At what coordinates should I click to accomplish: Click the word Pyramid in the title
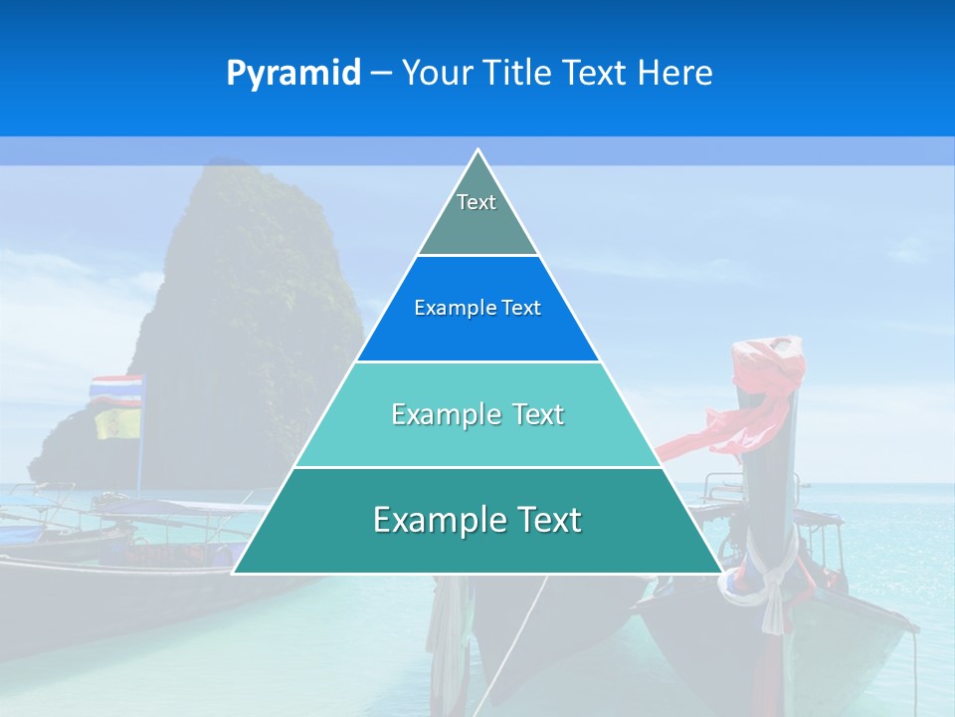click(x=293, y=74)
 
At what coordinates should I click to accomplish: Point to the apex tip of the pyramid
click(x=477, y=150)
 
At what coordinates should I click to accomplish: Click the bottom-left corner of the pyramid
click(x=234, y=573)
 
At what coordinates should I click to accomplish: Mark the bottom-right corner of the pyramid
click(x=721, y=573)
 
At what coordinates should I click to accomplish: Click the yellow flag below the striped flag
click(x=116, y=422)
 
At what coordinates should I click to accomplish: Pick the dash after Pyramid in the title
click(x=381, y=74)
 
